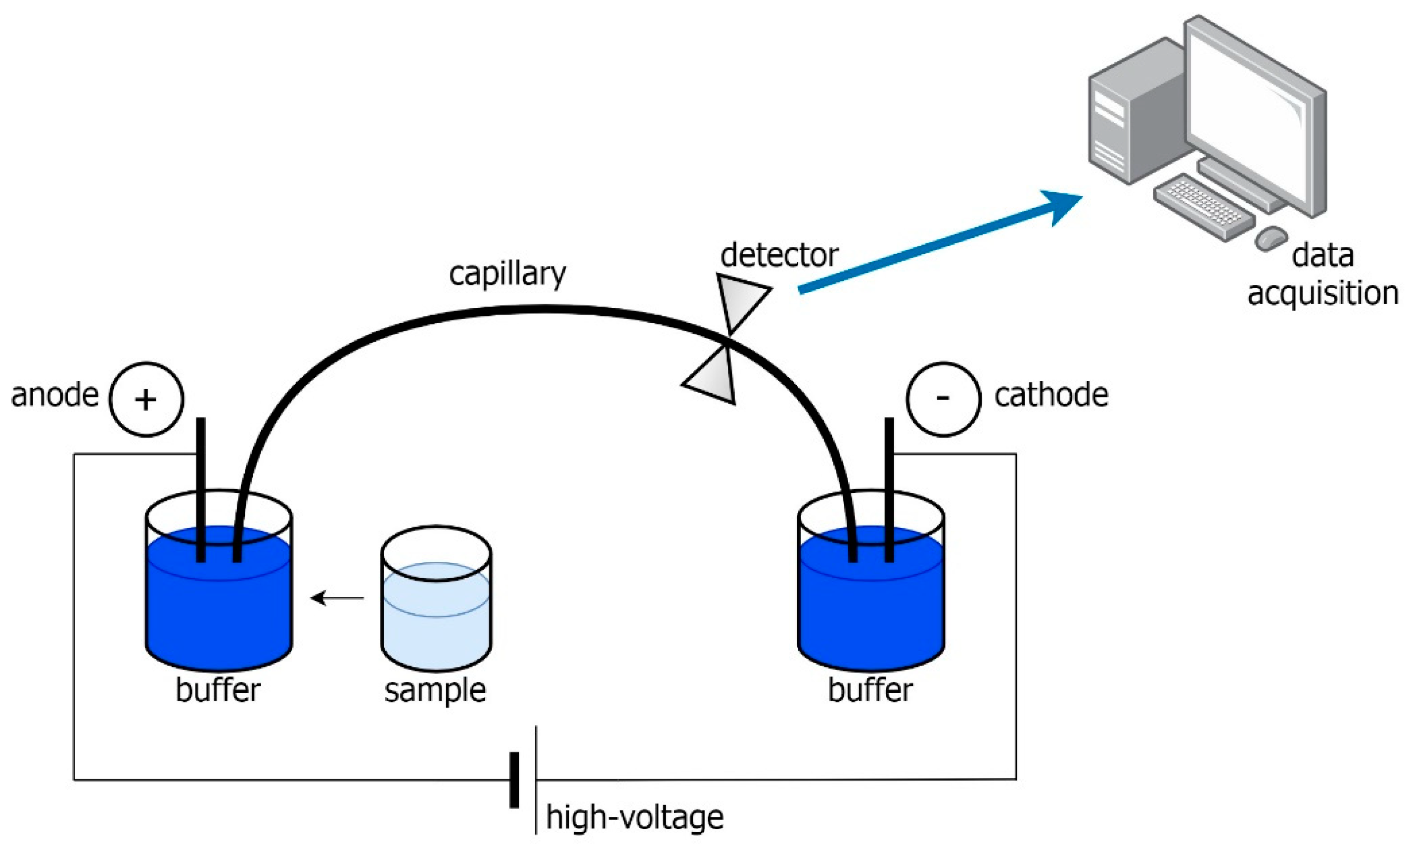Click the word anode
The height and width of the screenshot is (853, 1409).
point(54,396)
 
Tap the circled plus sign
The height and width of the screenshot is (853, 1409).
point(146,399)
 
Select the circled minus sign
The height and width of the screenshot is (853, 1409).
point(943,399)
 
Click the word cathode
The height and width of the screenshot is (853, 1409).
point(1051,396)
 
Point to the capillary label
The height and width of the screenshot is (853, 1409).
point(507,275)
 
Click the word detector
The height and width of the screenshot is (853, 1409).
point(779,256)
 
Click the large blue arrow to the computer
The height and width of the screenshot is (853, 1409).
point(938,243)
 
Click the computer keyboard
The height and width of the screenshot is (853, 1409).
point(1204,206)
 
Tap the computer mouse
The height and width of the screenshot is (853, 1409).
point(1271,238)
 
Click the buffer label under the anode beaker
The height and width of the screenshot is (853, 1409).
point(218,690)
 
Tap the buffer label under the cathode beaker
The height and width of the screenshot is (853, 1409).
point(870,690)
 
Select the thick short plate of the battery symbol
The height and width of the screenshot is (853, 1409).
point(514,780)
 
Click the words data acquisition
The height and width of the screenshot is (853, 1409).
point(1322,274)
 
